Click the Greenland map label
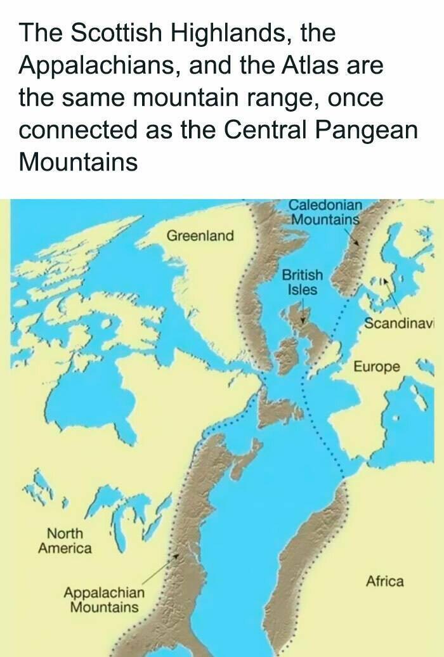click(200, 236)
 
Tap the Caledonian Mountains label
click(325, 212)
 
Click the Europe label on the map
click(377, 367)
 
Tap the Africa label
click(384, 580)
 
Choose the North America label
click(65, 540)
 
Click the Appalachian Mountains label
click(104, 600)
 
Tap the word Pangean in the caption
click(367, 130)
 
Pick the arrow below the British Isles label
click(303, 312)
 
